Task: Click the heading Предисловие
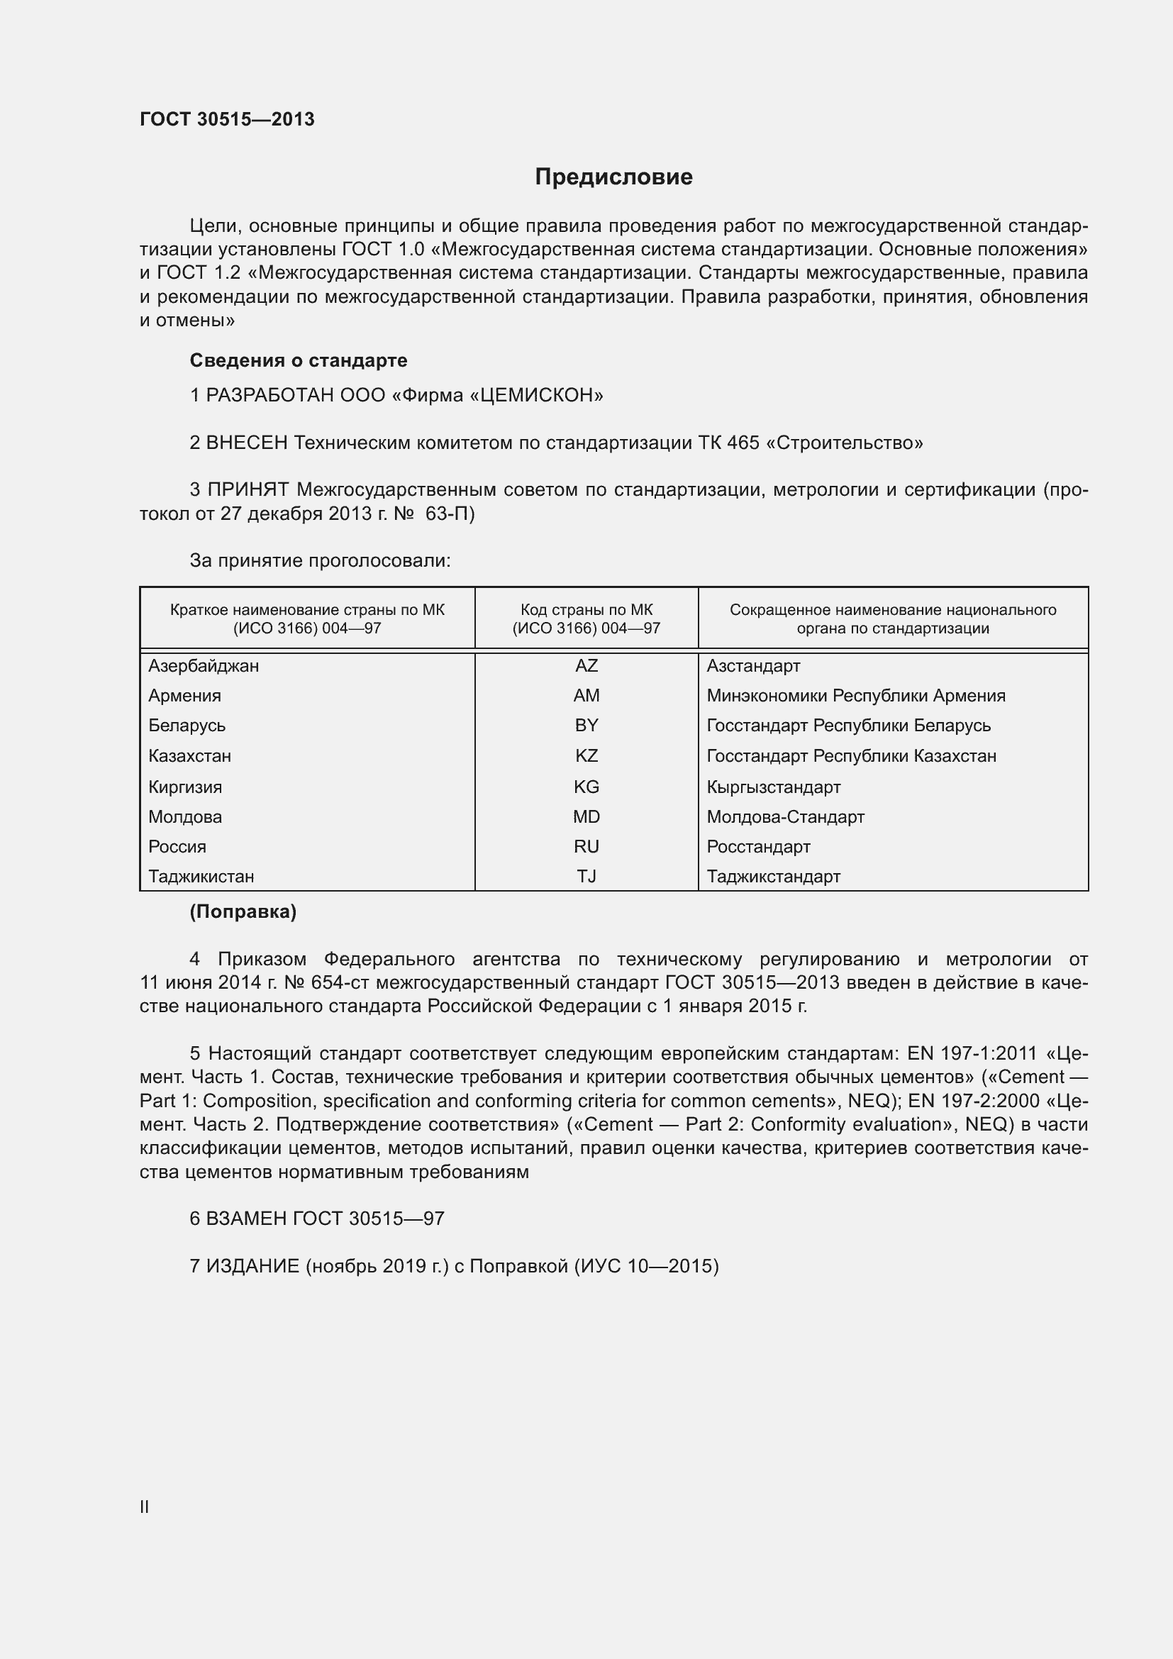[x=613, y=177]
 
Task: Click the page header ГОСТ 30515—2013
[x=227, y=119]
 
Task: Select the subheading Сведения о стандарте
[x=299, y=360]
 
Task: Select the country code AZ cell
[x=586, y=665]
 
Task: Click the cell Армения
[x=185, y=695]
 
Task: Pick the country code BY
[x=586, y=725]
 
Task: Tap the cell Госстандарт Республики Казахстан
[x=851, y=756]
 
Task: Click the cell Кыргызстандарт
[x=773, y=787]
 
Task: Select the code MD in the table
[x=586, y=816]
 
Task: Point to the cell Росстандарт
[x=757, y=846]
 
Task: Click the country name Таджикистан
[x=201, y=877]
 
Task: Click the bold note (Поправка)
[x=243, y=912]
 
